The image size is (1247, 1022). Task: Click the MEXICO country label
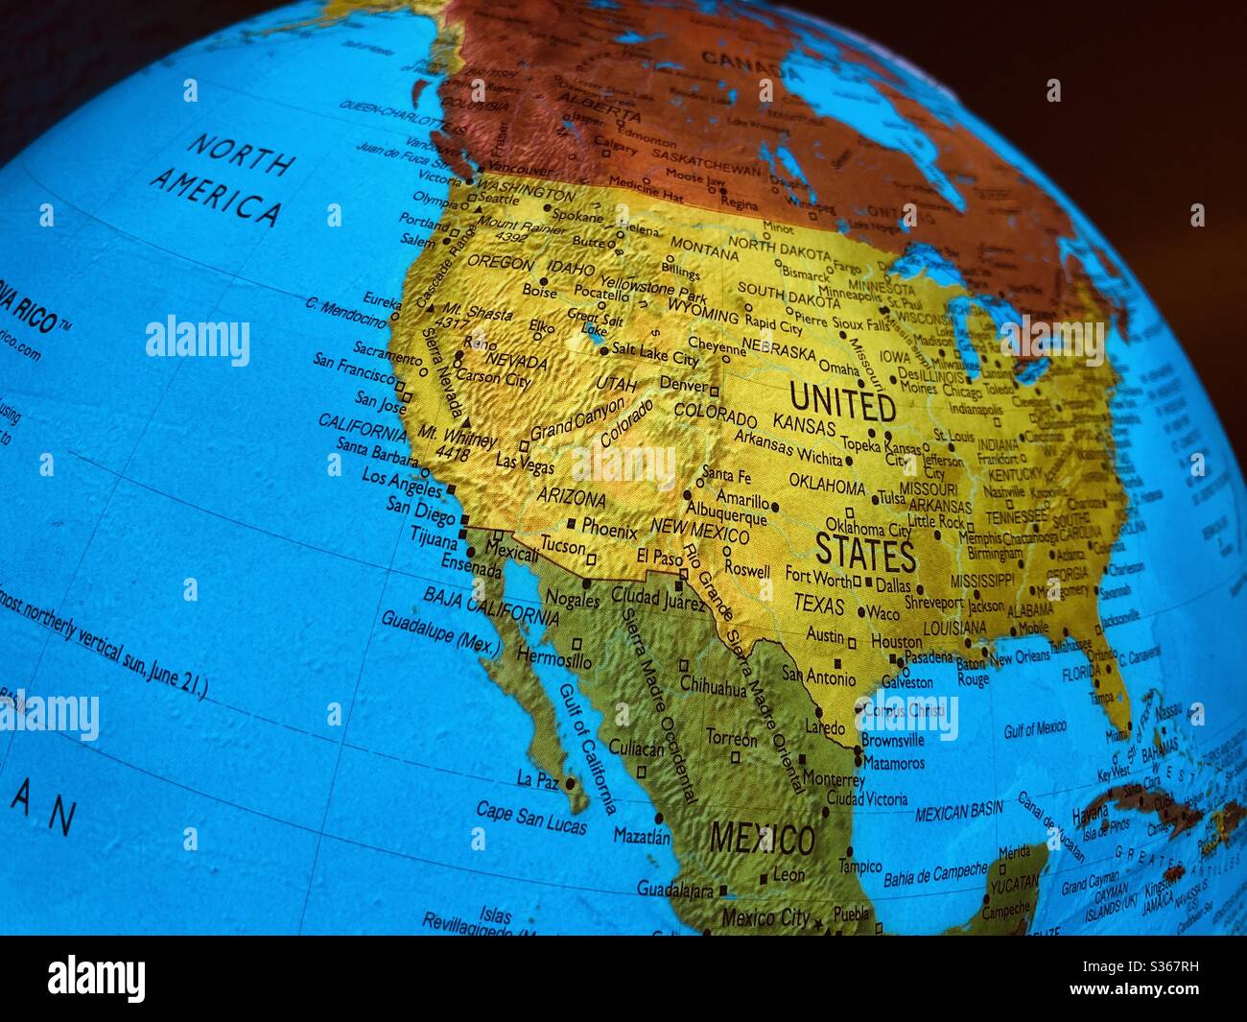(762, 840)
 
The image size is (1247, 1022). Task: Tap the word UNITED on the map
(842, 402)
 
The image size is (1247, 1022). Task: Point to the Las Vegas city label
(524, 463)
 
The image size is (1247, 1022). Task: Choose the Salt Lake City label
(655, 355)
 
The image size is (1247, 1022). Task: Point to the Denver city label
(683, 384)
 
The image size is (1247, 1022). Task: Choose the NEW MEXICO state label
(699, 529)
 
